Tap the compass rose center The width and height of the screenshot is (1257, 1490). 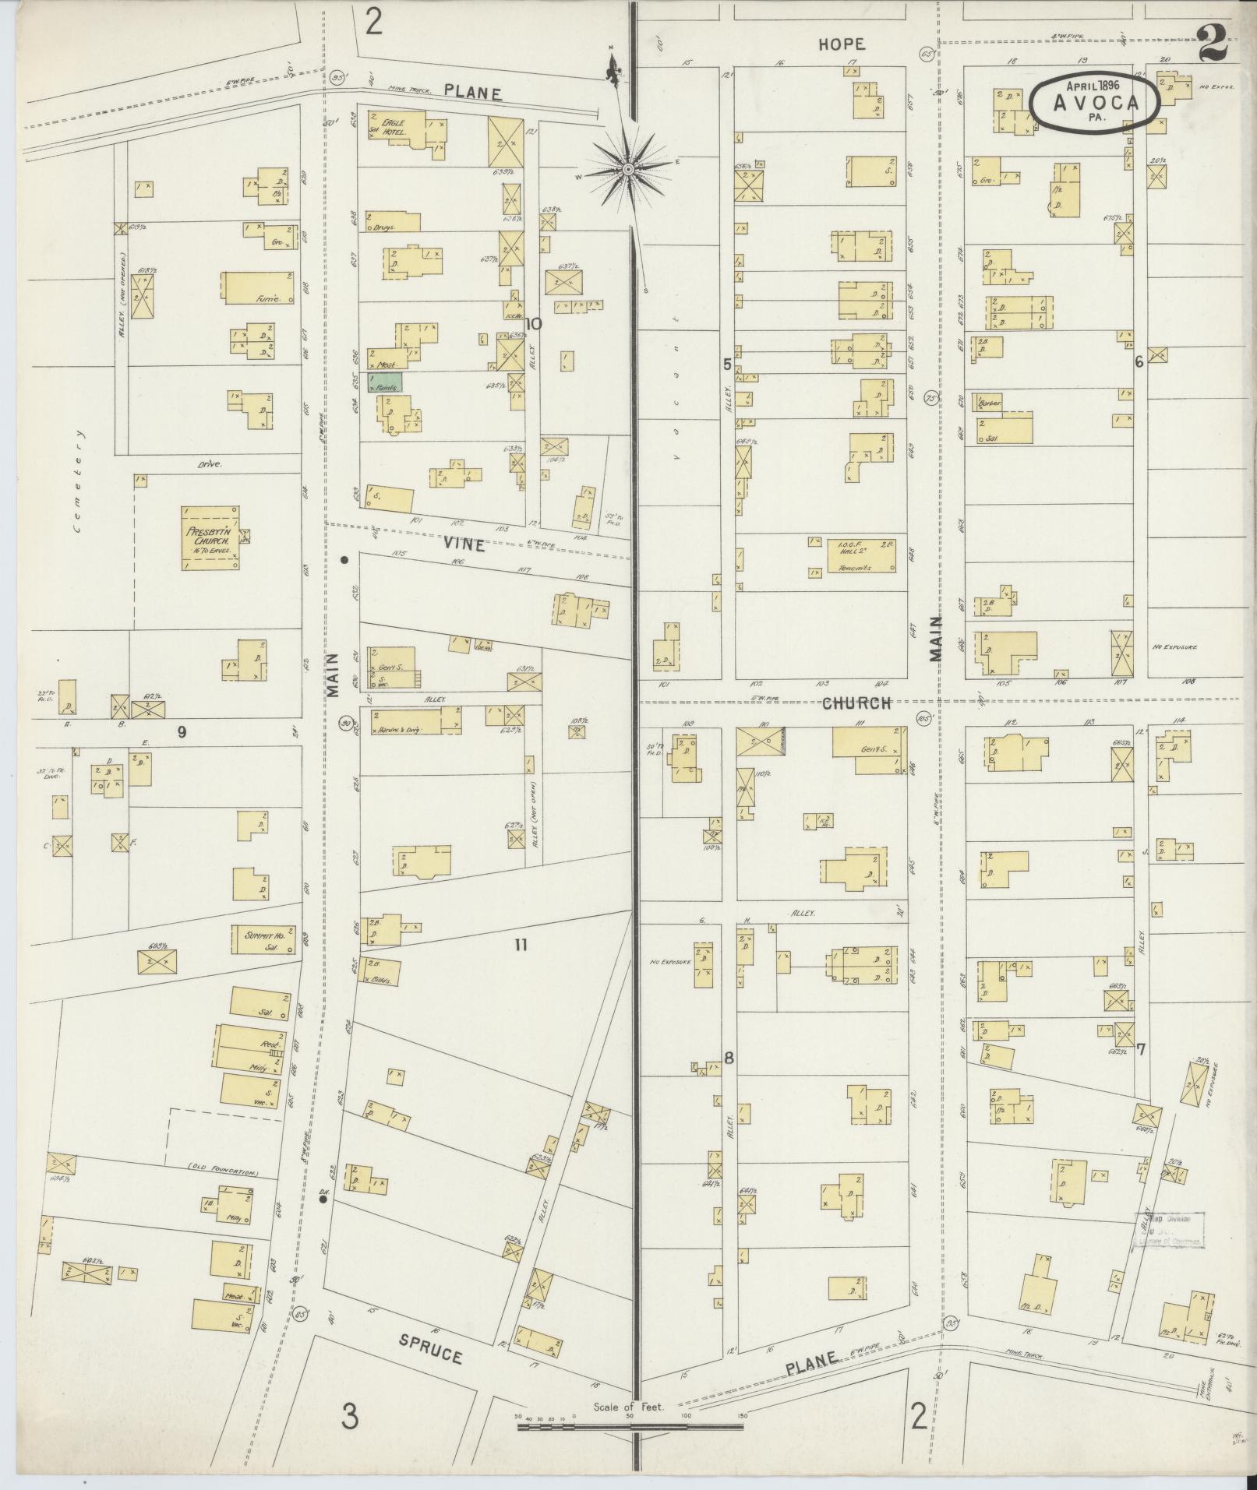627,168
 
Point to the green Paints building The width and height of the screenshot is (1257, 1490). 386,382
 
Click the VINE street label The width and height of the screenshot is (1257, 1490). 466,545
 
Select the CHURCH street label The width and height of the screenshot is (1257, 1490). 856,703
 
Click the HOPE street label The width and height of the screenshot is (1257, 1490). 842,44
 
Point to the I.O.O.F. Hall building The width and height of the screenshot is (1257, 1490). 860,556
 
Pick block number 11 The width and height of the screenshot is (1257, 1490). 521,945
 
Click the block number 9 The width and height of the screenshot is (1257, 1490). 182,731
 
